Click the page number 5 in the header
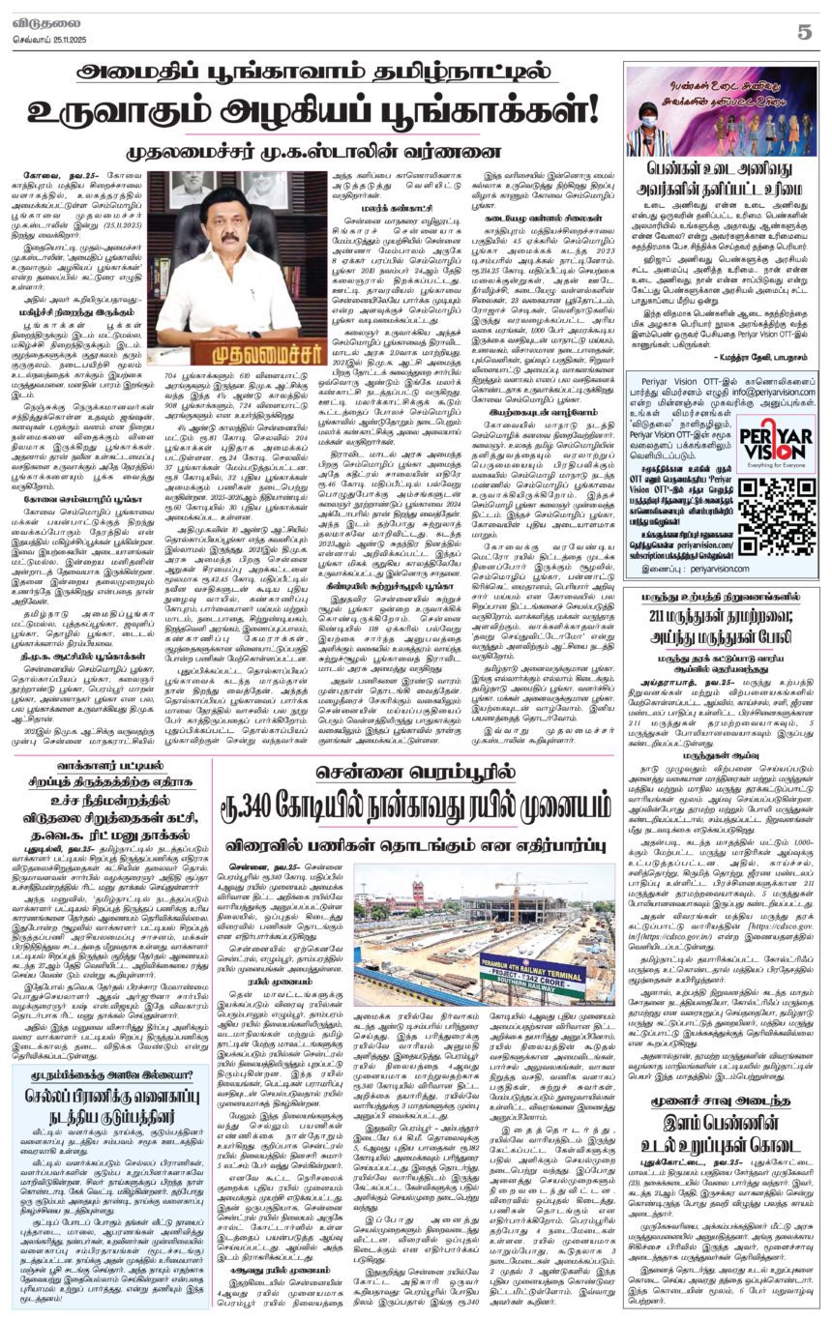click(804, 31)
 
